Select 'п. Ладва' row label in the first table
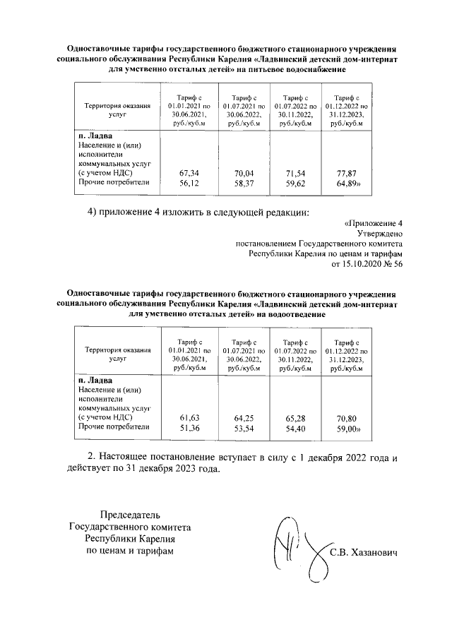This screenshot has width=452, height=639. [94, 136]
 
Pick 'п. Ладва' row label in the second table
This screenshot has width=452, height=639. [94, 381]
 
